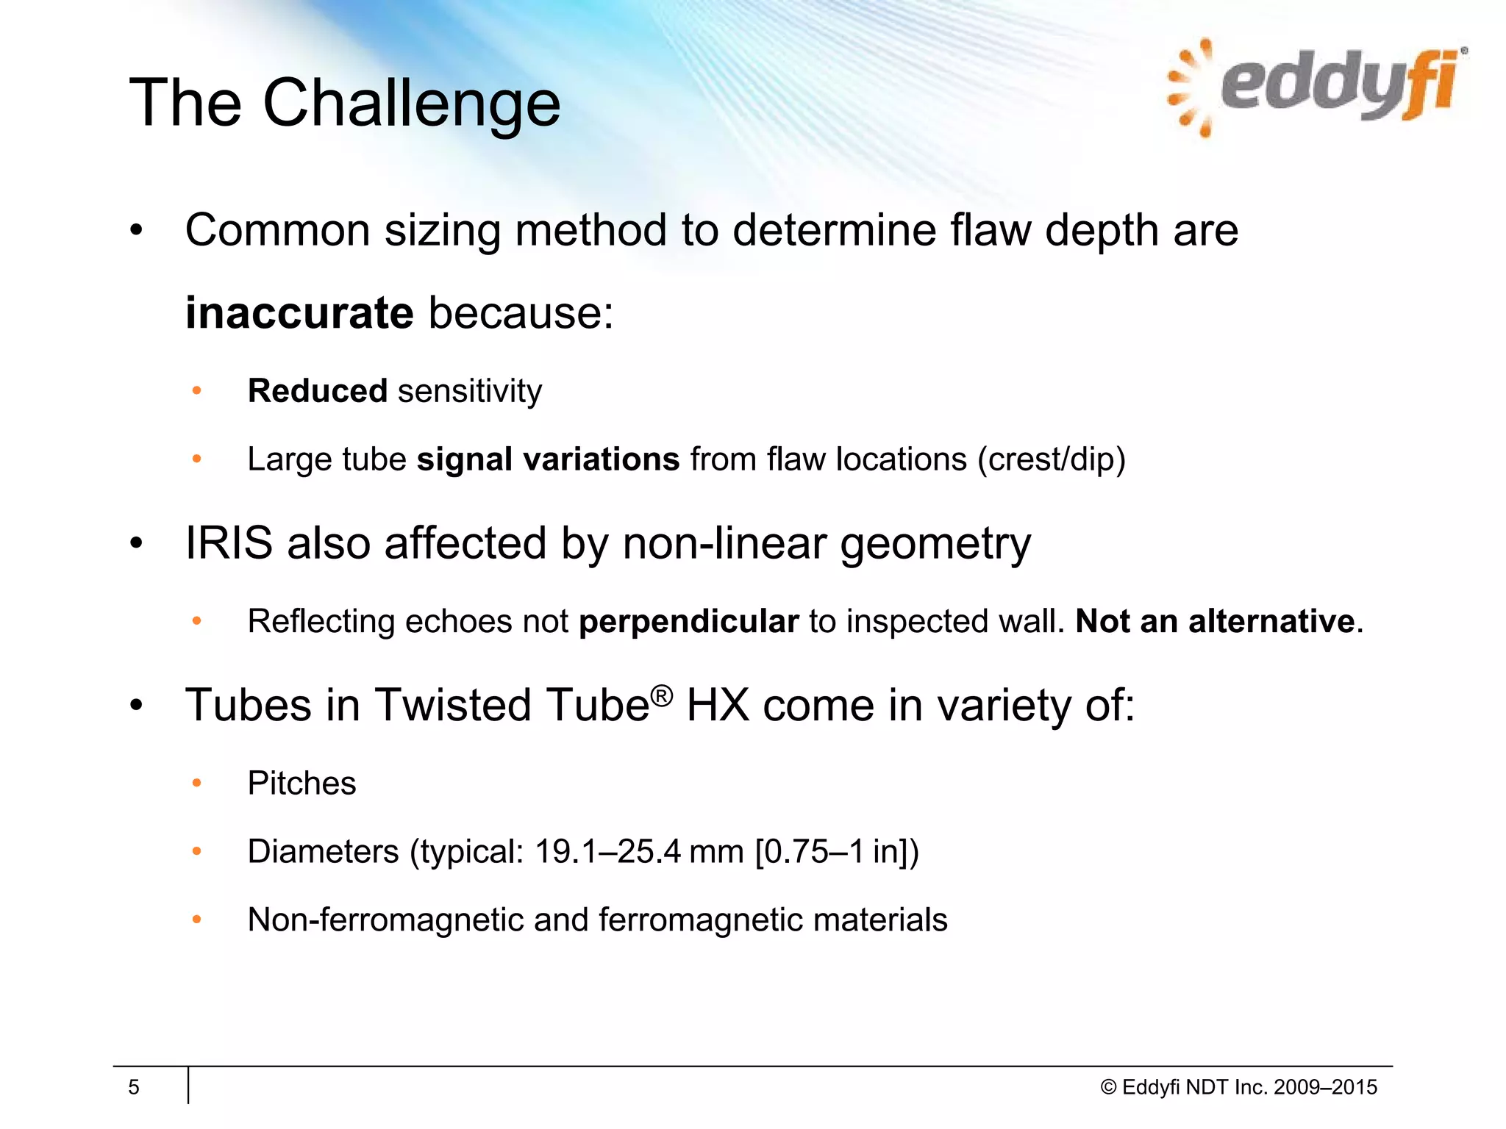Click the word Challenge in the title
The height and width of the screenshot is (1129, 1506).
click(411, 104)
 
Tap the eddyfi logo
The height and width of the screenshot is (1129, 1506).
click(1316, 88)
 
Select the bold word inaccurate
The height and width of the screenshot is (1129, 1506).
click(299, 313)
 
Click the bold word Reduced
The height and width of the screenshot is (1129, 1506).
click(317, 391)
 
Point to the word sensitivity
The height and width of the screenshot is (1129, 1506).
click(470, 391)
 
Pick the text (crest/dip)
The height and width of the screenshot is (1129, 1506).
click(1052, 460)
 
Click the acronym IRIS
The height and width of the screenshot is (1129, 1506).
click(229, 543)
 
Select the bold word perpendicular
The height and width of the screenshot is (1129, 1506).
click(688, 622)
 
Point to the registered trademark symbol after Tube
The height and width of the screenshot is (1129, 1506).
click(662, 695)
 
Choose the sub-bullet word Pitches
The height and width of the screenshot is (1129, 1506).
click(301, 784)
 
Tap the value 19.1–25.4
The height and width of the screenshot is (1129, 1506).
click(607, 852)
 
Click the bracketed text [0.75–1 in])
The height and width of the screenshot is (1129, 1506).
click(837, 852)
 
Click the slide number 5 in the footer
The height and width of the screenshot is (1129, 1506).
click(134, 1087)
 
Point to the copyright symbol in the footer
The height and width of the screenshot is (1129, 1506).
click(1108, 1088)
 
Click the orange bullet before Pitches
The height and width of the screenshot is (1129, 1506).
click(196, 784)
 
